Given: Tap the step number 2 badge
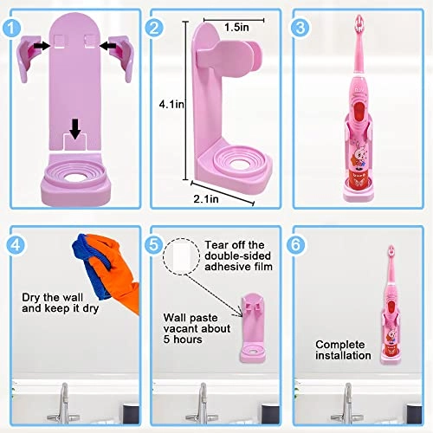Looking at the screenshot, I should point(155,27).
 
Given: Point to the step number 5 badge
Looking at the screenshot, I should point(157,245).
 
